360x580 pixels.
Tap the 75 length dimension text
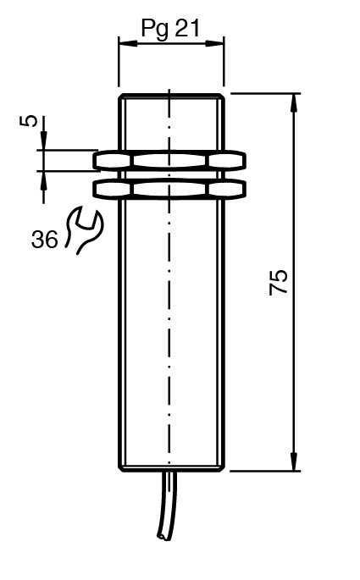pos(278,282)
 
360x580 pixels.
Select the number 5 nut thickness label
pos(29,121)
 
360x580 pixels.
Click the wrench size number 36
pos(45,240)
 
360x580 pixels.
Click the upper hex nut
pos(169,161)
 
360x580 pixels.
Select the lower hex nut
pos(169,190)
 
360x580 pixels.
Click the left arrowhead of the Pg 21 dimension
pos(128,43)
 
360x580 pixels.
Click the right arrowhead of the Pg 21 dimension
pos(215,43)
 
